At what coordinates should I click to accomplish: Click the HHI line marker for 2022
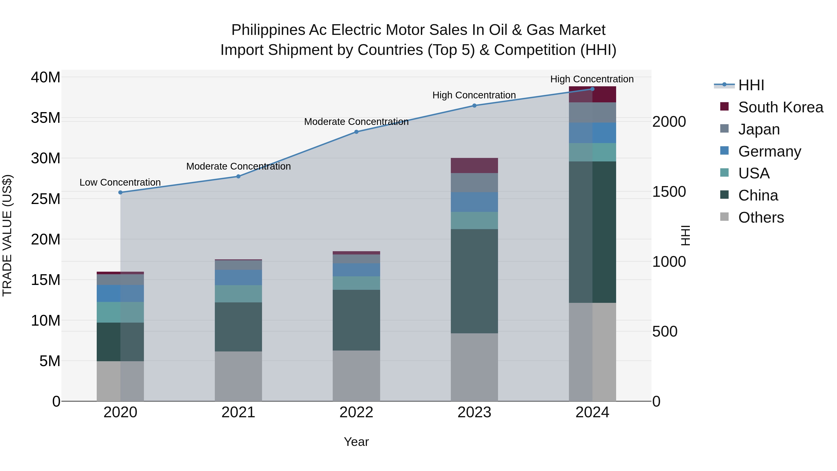pyautogui.click(x=356, y=132)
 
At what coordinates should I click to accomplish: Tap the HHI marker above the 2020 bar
pyautogui.click(x=120, y=192)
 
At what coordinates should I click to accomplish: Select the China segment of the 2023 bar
pyautogui.click(x=474, y=281)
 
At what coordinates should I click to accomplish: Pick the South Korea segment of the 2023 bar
pyautogui.click(x=474, y=165)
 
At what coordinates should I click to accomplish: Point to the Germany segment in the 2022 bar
pyautogui.click(x=356, y=270)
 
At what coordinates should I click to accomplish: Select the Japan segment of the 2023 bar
pyautogui.click(x=474, y=183)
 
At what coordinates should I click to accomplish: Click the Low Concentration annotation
pyautogui.click(x=120, y=182)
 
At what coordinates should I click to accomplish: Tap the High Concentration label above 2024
pyautogui.click(x=592, y=79)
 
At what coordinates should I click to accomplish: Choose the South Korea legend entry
pyautogui.click(x=781, y=107)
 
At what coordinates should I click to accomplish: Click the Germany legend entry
pyautogui.click(x=769, y=151)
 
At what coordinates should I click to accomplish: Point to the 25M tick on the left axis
pyautogui.click(x=46, y=199)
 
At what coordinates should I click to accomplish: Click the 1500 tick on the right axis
pyautogui.click(x=669, y=192)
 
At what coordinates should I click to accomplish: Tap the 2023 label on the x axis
pyautogui.click(x=474, y=412)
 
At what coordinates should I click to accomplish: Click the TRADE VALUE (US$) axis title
pyautogui.click(x=7, y=235)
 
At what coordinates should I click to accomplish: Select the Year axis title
pyautogui.click(x=356, y=442)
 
